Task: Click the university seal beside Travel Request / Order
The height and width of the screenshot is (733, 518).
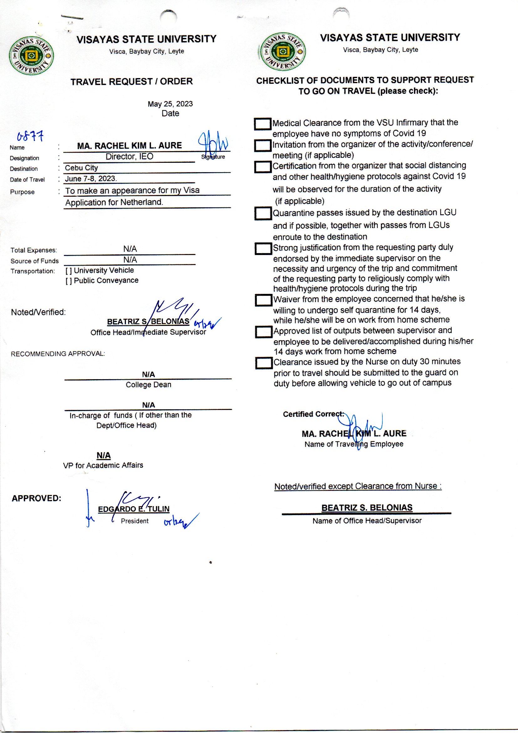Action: (x=31, y=56)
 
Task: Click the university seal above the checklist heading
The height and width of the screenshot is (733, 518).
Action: (x=282, y=51)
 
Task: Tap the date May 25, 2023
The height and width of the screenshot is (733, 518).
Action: (x=170, y=104)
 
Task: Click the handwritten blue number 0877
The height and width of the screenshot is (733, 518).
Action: (x=30, y=136)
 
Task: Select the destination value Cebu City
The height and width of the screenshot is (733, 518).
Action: (x=81, y=168)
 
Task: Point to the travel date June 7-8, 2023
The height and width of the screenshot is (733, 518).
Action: (x=91, y=178)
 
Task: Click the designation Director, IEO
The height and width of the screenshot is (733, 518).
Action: (x=130, y=157)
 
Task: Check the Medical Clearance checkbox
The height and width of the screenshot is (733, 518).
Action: (x=262, y=124)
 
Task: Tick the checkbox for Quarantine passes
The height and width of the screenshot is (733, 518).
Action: (x=263, y=213)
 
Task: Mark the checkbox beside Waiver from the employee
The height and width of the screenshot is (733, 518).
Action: (x=263, y=300)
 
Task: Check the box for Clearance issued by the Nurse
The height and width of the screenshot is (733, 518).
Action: (x=264, y=363)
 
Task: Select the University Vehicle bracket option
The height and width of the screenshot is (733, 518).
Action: (x=69, y=271)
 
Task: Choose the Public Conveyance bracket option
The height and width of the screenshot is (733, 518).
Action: (x=69, y=281)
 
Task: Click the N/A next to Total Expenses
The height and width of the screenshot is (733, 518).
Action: (x=130, y=249)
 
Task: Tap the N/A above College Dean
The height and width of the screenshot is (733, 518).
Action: (x=148, y=374)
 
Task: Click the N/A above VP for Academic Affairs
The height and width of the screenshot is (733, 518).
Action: (x=104, y=455)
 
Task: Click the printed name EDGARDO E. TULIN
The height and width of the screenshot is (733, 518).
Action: (x=134, y=509)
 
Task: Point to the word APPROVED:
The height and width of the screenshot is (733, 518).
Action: (x=36, y=498)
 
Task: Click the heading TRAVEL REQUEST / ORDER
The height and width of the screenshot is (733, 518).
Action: (x=132, y=82)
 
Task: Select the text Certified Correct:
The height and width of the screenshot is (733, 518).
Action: (x=313, y=414)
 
